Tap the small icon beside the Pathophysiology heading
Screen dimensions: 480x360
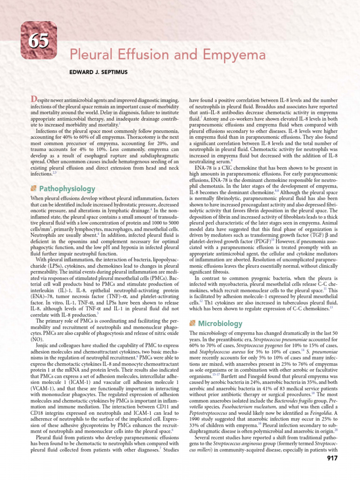pyautogui.click(x=33, y=188)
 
